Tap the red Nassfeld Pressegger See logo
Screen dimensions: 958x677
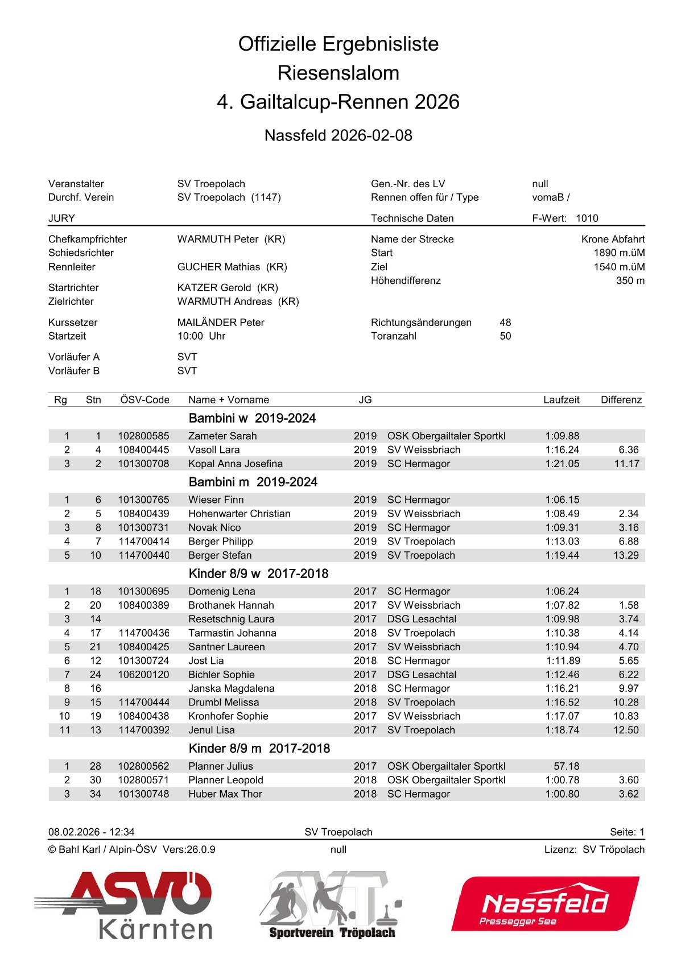[545, 903]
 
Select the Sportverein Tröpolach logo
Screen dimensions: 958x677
[332, 905]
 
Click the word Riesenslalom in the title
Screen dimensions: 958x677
[338, 73]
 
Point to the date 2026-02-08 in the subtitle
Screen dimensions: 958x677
[371, 135]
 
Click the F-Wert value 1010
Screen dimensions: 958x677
[587, 218]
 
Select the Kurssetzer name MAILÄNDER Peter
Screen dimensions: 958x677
[221, 323]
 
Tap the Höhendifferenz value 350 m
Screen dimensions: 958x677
[630, 280]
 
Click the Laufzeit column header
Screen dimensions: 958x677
[561, 400]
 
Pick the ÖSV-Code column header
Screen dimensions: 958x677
[145, 400]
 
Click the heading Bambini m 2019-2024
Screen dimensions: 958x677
[253, 482]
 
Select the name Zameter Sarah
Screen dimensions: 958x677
[222, 436]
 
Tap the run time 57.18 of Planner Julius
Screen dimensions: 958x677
[566, 766]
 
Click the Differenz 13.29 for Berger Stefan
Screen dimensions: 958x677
[626, 555]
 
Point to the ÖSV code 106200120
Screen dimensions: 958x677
[143, 675]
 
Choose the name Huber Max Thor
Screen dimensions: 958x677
[225, 794]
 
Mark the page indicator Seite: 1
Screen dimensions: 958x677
[627, 832]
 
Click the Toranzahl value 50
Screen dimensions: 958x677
[505, 336]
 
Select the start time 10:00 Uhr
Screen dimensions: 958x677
[201, 336]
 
